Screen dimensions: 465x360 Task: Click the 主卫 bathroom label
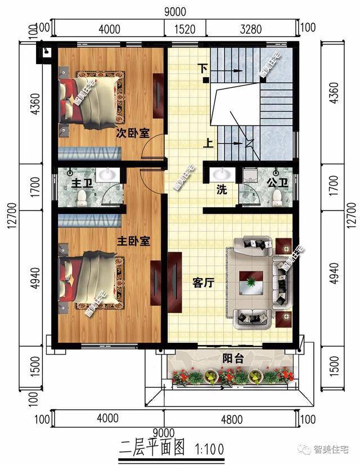[79, 184]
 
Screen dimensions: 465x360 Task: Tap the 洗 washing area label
[222, 190]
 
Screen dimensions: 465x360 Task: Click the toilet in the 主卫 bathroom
[82, 196]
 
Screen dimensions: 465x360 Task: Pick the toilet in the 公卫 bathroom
[277, 196]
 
